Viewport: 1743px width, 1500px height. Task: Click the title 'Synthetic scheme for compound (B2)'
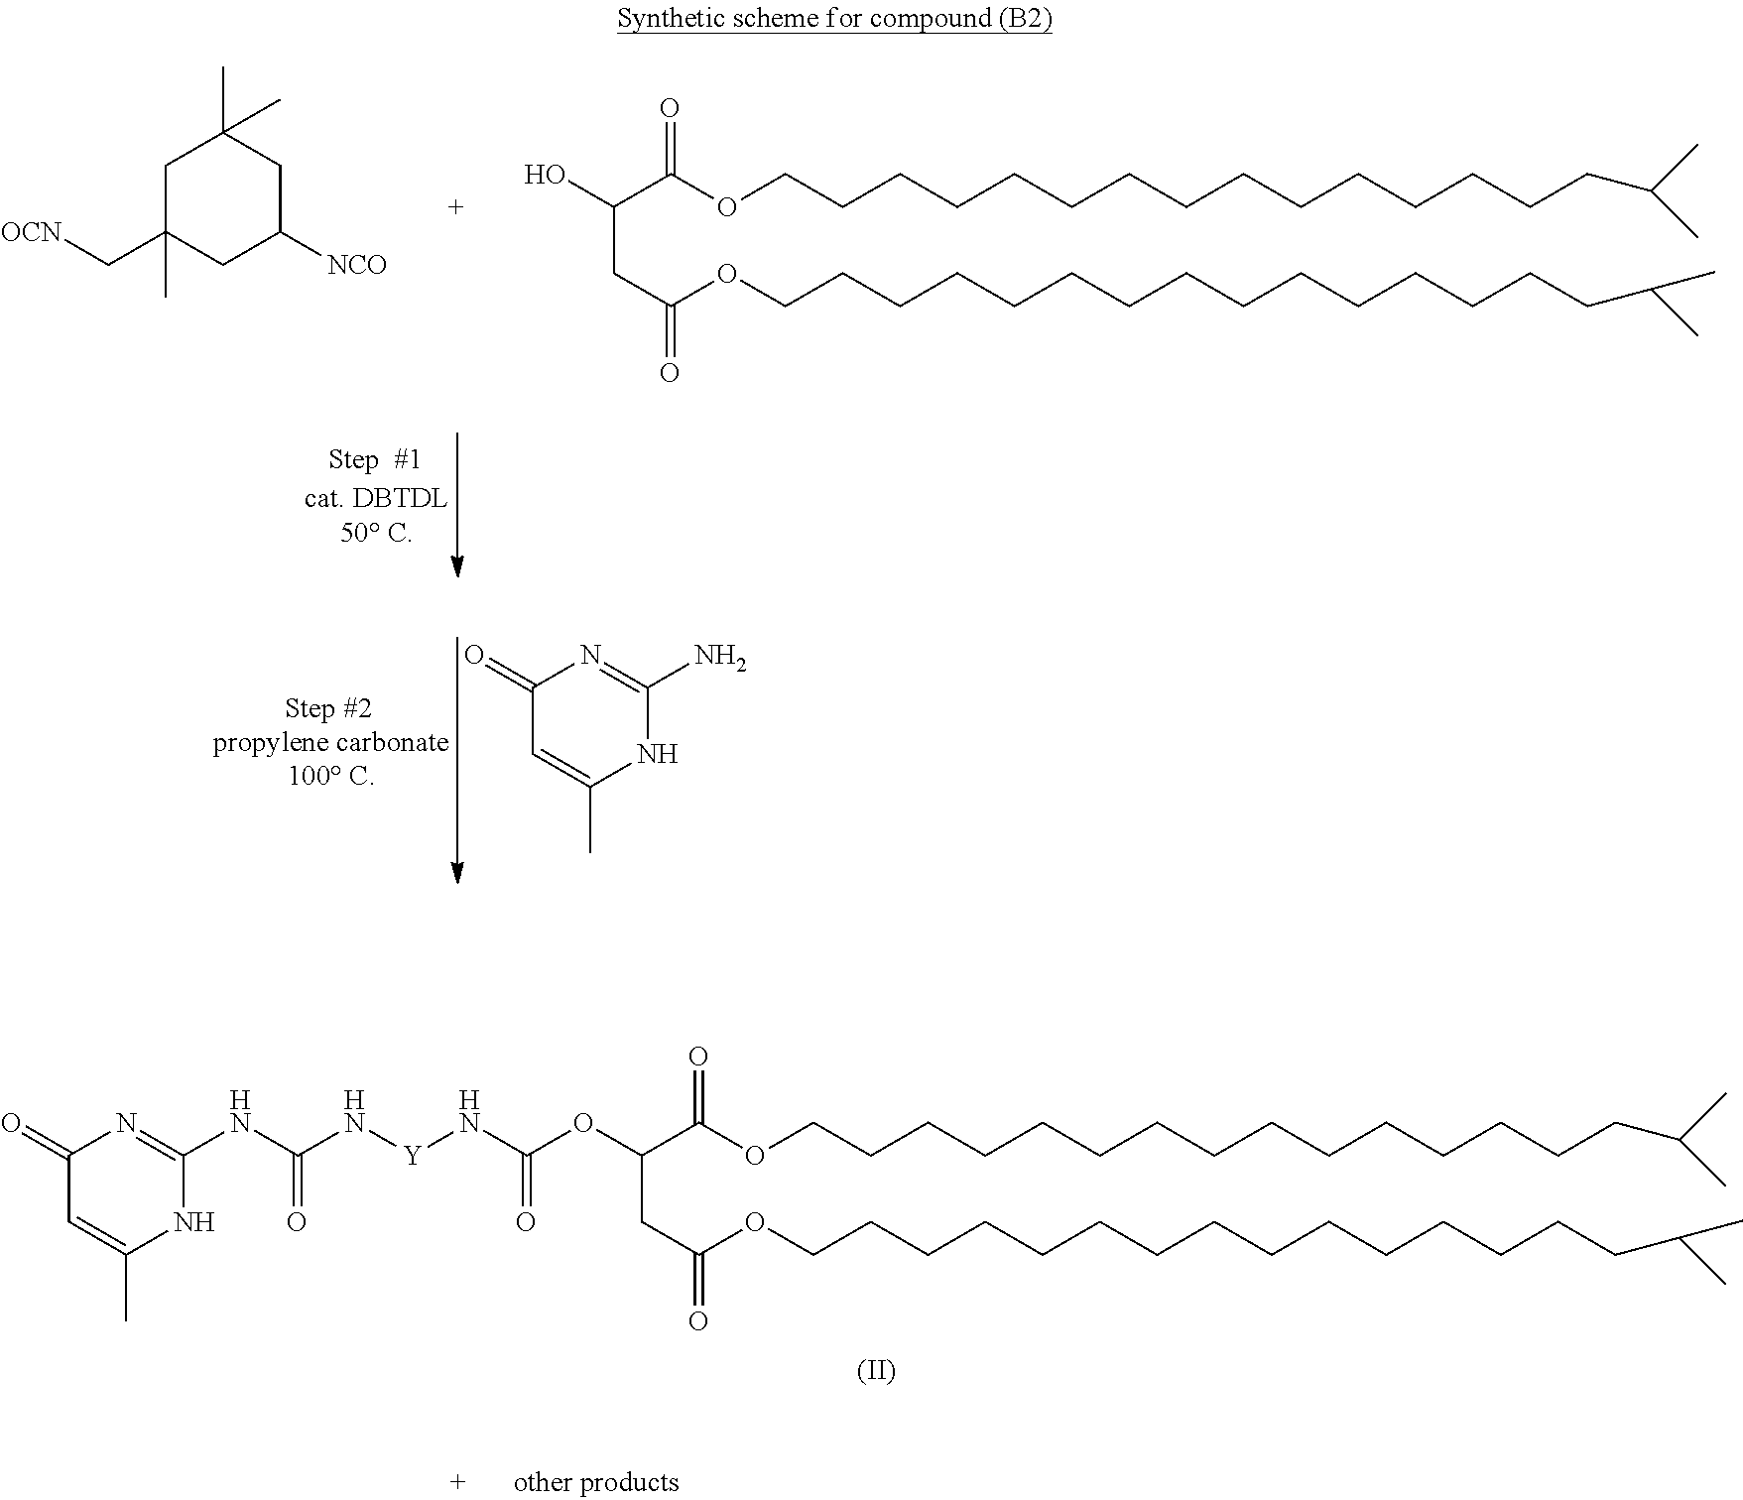834,19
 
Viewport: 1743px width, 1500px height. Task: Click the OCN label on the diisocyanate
31,233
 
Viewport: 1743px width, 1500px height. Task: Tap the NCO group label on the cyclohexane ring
357,265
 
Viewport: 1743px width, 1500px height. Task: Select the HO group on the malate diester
545,176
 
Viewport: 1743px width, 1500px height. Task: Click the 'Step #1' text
374,459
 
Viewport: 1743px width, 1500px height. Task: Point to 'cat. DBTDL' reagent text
375,497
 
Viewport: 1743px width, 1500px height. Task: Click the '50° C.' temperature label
375,533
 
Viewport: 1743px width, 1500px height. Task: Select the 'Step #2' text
327,707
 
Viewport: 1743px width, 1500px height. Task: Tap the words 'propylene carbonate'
330,742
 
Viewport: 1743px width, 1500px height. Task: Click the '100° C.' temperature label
330,776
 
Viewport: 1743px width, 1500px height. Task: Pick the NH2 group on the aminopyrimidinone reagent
719,656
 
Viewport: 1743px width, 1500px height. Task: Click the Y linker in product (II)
412,1155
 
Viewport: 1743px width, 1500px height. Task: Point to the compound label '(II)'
875,1371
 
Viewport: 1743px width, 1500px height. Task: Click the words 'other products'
596,1482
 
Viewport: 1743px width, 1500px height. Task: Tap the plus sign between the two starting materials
456,207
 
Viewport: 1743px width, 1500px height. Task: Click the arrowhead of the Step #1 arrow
457,565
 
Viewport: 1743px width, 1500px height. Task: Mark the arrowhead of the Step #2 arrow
457,871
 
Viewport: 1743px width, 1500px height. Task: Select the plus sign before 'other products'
456,1482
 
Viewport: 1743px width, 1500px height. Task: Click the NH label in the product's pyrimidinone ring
194,1221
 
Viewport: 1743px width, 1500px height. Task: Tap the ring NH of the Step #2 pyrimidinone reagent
658,754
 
